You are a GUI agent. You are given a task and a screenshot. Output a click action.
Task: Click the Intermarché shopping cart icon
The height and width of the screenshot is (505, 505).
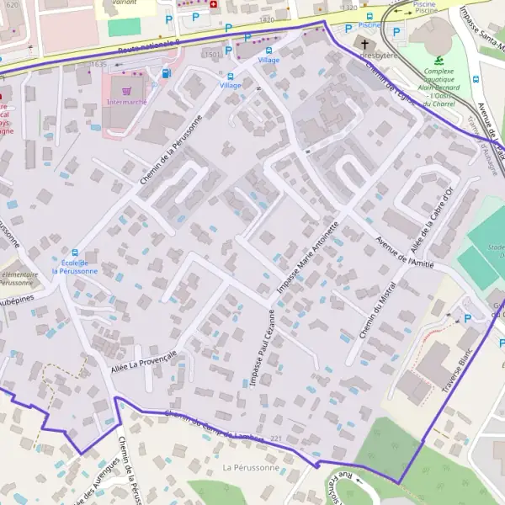point(126,90)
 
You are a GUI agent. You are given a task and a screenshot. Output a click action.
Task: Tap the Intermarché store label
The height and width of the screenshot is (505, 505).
point(126,102)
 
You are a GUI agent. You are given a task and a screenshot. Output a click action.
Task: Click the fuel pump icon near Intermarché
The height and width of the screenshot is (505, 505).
point(165,73)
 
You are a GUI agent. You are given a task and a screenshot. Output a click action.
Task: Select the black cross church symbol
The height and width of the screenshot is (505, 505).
point(364,43)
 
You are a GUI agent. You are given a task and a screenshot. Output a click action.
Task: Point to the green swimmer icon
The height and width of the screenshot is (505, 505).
point(439,60)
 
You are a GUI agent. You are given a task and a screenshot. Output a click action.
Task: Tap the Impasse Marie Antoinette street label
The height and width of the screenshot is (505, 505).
point(309,257)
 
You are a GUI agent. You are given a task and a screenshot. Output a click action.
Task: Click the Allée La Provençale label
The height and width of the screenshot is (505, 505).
point(144,361)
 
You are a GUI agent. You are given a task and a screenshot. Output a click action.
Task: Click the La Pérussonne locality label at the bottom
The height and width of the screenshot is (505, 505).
point(250,467)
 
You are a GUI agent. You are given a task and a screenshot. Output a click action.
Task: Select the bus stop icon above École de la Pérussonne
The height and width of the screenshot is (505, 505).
point(75,252)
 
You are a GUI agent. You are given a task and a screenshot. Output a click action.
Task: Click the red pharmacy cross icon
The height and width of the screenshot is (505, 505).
point(213,4)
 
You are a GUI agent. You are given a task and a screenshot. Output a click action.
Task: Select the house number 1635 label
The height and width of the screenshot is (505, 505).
point(98,64)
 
